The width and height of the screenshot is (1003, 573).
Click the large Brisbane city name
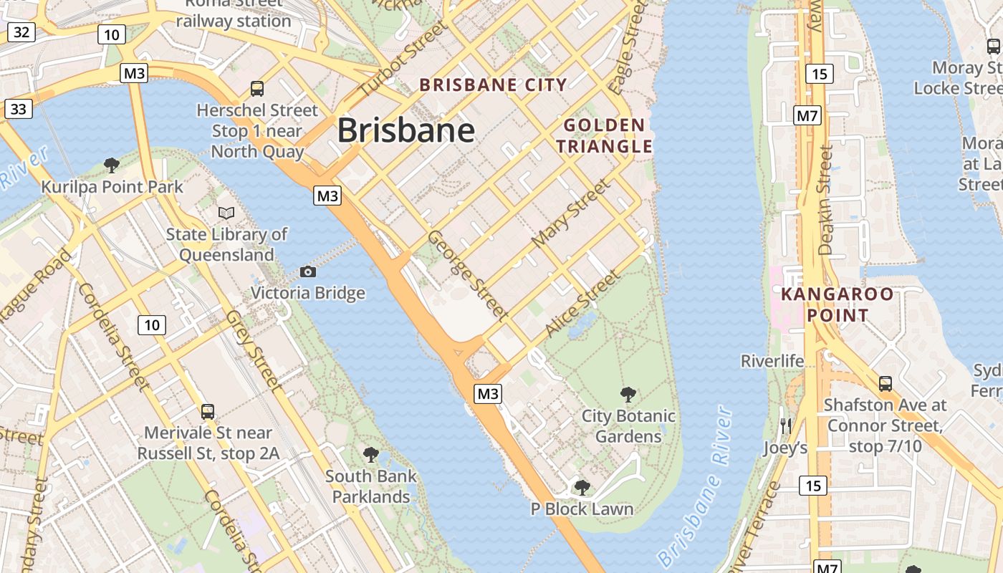click(405, 130)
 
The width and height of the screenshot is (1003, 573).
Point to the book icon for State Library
click(226, 213)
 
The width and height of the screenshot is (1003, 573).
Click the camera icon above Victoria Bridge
click(308, 271)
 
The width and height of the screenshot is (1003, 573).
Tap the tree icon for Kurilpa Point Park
click(112, 165)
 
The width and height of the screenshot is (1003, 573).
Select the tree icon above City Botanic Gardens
click(628, 394)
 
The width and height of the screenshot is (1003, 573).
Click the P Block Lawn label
click(582, 509)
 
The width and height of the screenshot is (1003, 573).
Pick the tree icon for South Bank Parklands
click(370, 454)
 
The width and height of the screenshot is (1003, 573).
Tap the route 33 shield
click(19, 109)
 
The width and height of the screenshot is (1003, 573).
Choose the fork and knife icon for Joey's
click(785, 426)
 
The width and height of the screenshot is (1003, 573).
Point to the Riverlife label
click(772, 360)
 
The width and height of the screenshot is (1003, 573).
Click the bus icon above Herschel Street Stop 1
click(257, 89)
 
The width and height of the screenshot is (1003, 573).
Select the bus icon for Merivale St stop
click(208, 411)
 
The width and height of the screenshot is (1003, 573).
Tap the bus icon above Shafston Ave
click(886, 383)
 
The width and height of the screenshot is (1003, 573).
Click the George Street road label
click(468, 275)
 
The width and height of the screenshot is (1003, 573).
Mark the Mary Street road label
click(572, 213)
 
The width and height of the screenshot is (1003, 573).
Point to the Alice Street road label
click(582, 304)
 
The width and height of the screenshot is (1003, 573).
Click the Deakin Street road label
click(826, 201)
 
